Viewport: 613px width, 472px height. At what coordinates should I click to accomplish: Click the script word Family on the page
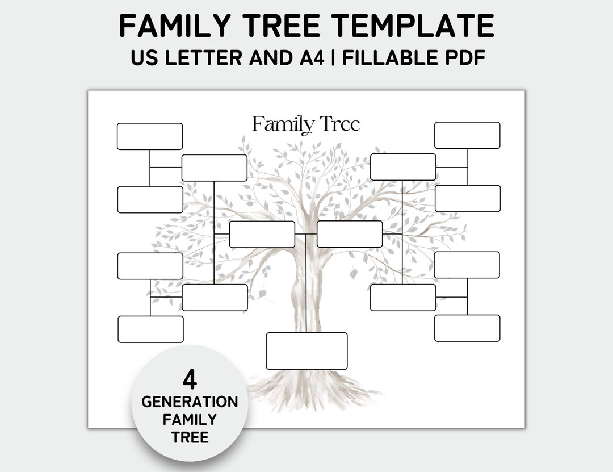point(283,124)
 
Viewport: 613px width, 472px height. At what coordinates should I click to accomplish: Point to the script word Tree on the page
point(339,123)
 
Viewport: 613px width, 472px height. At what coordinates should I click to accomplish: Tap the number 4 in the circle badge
point(190,379)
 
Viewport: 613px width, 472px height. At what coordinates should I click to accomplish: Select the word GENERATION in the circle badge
point(190,402)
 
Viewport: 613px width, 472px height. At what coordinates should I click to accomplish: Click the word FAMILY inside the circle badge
point(190,420)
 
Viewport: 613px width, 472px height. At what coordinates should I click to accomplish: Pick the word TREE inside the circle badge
point(190,437)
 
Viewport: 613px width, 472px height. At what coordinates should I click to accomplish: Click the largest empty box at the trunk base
point(306,351)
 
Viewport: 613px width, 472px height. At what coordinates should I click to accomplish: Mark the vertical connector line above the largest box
point(306,284)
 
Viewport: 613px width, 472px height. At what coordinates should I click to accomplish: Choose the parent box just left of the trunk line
point(262,235)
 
